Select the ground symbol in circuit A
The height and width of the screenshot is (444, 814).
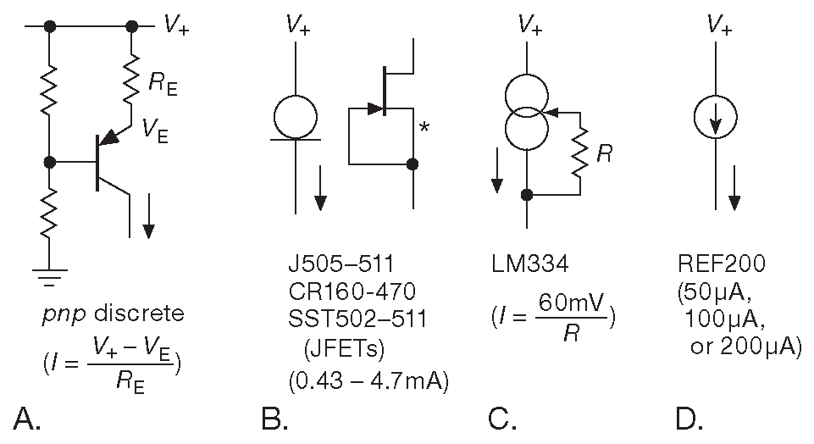pyautogui.click(x=50, y=274)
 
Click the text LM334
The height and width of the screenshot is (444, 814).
pyautogui.click(x=529, y=265)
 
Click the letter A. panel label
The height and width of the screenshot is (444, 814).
pyautogui.click(x=27, y=418)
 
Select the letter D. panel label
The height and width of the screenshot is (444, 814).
pyautogui.click(x=690, y=418)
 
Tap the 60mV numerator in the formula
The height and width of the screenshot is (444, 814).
pyautogui.click(x=566, y=304)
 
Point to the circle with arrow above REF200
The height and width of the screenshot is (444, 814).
pyautogui.click(x=716, y=122)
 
